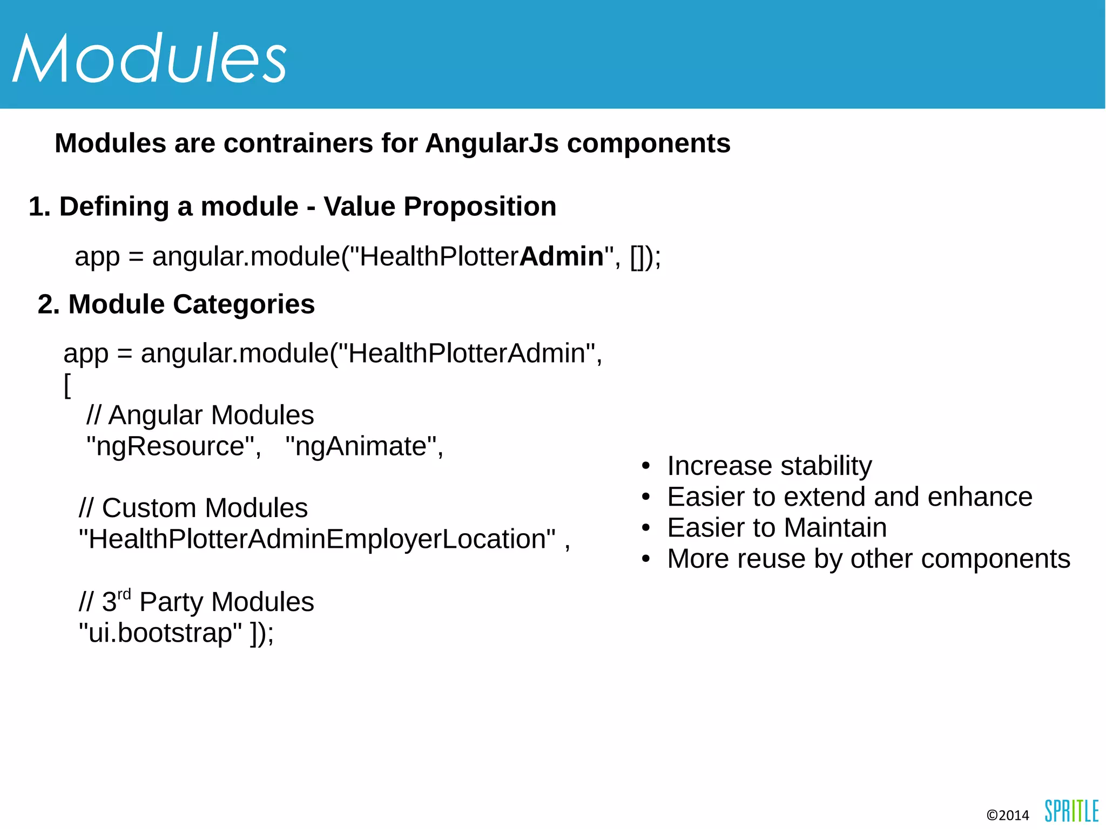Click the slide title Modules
click(149, 58)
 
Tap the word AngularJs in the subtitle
click(491, 144)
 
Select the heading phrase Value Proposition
click(440, 207)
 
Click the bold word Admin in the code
click(562, 256)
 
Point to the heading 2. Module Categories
click(176, 304)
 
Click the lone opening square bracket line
click(67, 385)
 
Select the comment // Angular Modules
click(200, 415)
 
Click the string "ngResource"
click(173, 446)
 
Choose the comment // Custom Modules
click(193, 508)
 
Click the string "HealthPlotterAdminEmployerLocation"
click(317, 539)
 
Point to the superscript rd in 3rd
click(124, 594)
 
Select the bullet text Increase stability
click(769, 466)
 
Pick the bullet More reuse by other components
click(868, 559)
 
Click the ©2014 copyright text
click(1007, 815)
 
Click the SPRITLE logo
click(1071, 811)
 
